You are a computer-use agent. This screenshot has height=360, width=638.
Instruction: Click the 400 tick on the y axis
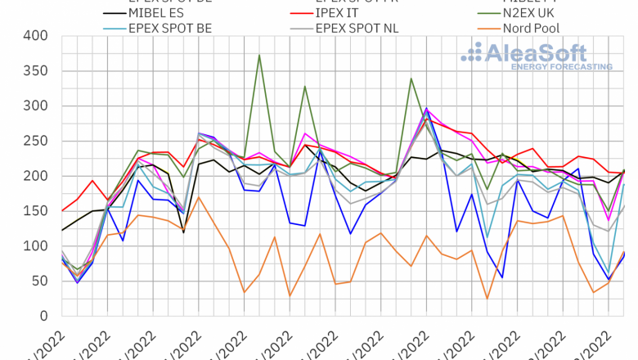point(37,36)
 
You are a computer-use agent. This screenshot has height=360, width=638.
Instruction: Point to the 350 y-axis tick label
point(37,71)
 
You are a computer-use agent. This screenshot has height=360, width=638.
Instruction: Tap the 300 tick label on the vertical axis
point(37,106)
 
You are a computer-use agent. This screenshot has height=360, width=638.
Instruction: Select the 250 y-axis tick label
point(37,142)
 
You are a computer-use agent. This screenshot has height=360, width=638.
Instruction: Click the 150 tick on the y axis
point(37,211)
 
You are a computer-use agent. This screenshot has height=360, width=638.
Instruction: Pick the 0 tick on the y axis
point(45,316)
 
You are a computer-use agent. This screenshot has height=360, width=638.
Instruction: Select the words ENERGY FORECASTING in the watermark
point(561,65)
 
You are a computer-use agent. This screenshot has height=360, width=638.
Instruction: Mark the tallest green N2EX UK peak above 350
point(259,55)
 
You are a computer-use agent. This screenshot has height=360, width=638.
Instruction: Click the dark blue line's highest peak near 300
point(425,107)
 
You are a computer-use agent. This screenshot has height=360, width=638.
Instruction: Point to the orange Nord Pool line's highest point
point(199,197)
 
